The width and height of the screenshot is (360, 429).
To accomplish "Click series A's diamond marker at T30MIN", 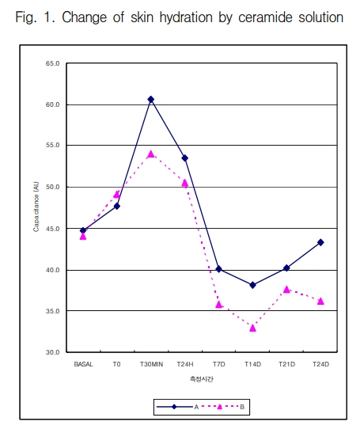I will tap(151, 100).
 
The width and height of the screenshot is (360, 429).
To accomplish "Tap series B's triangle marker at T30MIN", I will tap(151, 154).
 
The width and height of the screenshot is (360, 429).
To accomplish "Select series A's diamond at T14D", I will tap(253, 285).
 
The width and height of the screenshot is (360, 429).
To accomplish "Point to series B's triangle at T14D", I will tap(253, 327).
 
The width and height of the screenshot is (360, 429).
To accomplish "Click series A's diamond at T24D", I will tap(321, 242).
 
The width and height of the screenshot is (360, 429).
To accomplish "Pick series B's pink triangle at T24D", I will tap(321, 301).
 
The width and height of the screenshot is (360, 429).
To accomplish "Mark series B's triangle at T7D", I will tap(219, 304).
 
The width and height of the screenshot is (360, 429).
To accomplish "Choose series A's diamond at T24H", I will tap(185, 158).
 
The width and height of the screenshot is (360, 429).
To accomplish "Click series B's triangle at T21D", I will tap(287, 290).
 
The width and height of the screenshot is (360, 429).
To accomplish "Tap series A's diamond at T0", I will tap(117, 206).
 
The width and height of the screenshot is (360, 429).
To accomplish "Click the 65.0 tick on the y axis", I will tap(53, 63).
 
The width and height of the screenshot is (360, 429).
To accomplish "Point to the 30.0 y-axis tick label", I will tap(53, 352).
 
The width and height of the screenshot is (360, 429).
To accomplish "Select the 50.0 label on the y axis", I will tap(53, 187).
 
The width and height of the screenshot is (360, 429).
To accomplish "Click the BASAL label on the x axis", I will tap(83, 365).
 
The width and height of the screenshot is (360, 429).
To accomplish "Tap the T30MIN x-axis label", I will tap(151, 365).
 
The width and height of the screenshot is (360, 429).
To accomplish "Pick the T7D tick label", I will tap(219, 365).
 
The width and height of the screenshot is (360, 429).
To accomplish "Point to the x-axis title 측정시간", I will tap(202, 379).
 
